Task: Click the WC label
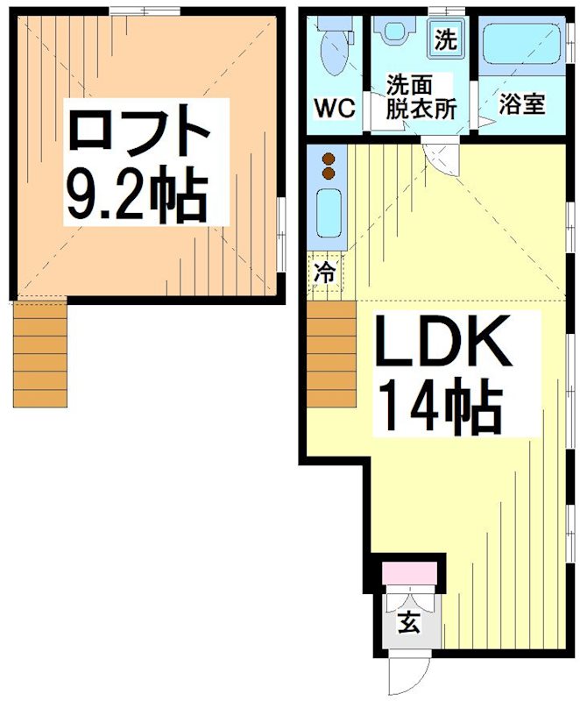[333, 110]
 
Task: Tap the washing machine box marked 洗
[446, 39]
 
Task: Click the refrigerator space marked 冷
[324, 273]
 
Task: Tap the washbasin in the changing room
[394, 32]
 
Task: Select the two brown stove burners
[329, 166]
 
